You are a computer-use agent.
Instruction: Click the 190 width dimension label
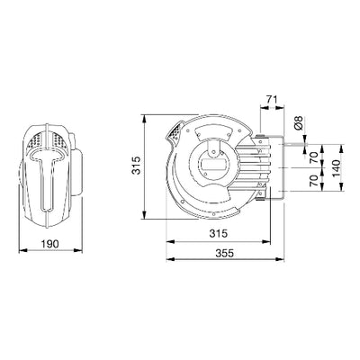pyautogui.click(x=50, y=244)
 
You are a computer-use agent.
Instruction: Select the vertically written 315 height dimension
pyautogui.click(x=137, y=166)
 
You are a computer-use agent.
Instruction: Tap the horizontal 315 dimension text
pyautogui.click(x=219, y=233)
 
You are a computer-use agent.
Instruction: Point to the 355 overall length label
pyautogui.click(x=224, y=253)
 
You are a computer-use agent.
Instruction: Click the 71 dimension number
pyautogui.click(x=272, y=99)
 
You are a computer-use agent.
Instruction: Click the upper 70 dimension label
pyautogui.click(x=313, y=157)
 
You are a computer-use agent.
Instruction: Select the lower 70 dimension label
pyautogui.click(x=313, y=181)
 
